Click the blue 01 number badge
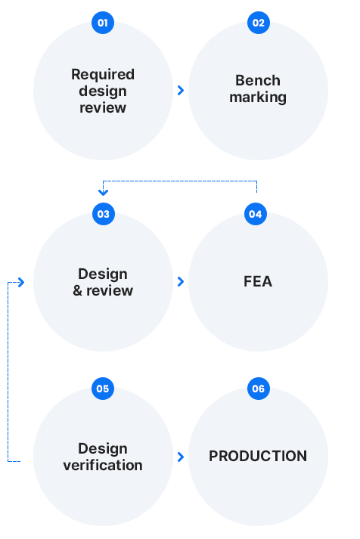tap(103, 23)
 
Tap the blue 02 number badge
tap(259, 23)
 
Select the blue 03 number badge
tap(104, 214)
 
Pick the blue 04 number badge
tap(256, 214)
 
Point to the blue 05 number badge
tap(103, 389)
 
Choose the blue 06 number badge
tap(259, 389)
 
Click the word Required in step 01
tap(103, 75)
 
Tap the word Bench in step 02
tap(258, 80)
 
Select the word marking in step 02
tap(258, 98)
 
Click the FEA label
tap(258, 281)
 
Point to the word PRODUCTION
tap(258, 456)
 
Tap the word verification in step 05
tap(103, 465)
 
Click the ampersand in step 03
tap(77, 291)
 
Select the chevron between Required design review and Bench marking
tap(181, 91)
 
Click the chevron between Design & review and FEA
tap(181, 281)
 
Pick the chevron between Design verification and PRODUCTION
tap(181, 457)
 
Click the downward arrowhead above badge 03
tap(103, 192)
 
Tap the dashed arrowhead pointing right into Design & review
tap(21, 283)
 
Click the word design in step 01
tap(103, 91)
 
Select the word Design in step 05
tap(103, 449)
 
